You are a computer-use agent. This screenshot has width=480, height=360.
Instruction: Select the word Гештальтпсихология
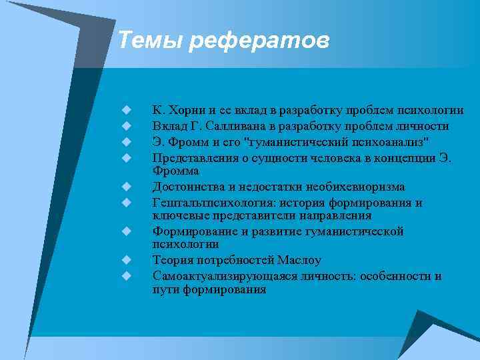point(205,203)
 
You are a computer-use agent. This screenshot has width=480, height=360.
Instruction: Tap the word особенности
point(395,276)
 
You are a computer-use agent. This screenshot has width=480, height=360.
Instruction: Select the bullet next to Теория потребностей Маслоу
point(125,260)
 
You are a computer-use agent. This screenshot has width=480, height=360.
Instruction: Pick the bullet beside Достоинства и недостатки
point(125,187)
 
